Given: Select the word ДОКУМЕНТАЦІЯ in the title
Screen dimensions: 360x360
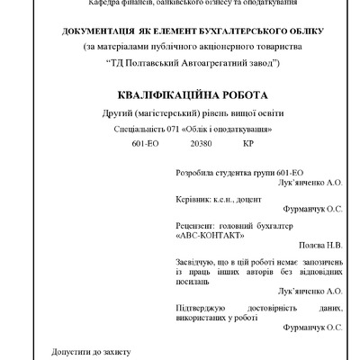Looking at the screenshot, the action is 98,31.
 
